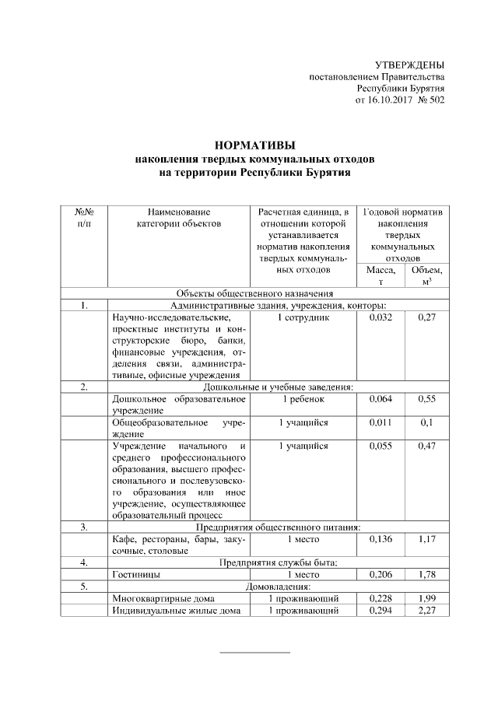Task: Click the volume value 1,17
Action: pyautogui.click(x=426, y=538)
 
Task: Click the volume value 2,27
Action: pyautogui.click(x=426, y=611)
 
